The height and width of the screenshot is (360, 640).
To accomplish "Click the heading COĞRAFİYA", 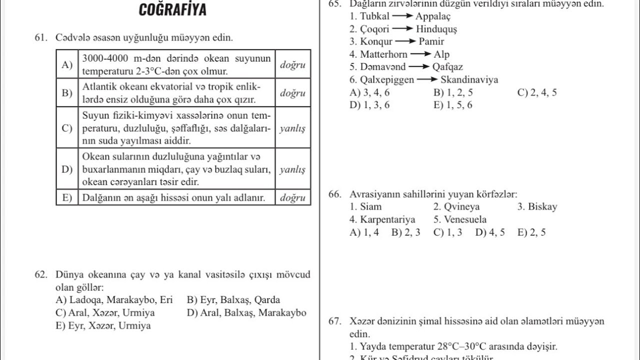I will tap(172, 10).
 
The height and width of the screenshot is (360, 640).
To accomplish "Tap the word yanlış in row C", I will tap(292, 128).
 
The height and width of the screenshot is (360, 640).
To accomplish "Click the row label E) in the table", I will tap(67, 197).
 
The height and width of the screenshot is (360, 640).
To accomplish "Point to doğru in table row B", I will tap(292, 93).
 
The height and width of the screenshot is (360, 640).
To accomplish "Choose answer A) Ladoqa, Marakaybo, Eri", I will tap(114, 300).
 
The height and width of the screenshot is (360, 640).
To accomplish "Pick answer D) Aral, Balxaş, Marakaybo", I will tap(246, 313).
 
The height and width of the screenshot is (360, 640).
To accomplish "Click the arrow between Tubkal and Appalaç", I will tap(402, 16).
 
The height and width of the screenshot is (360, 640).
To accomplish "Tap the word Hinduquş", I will tap(436, 29).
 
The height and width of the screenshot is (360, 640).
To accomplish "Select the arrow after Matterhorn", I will tap(420, 54).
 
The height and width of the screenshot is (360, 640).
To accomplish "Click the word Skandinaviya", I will tap(469, 79).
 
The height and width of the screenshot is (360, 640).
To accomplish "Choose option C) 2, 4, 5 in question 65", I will tap(537, 92).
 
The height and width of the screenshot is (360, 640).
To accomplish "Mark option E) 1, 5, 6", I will tap(453, 105).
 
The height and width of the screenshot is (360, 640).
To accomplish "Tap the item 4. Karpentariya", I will tap(382, 219).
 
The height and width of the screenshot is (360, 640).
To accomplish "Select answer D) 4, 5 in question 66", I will tap(490, 232).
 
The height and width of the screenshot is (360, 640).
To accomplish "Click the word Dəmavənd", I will tap(383, 67).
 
